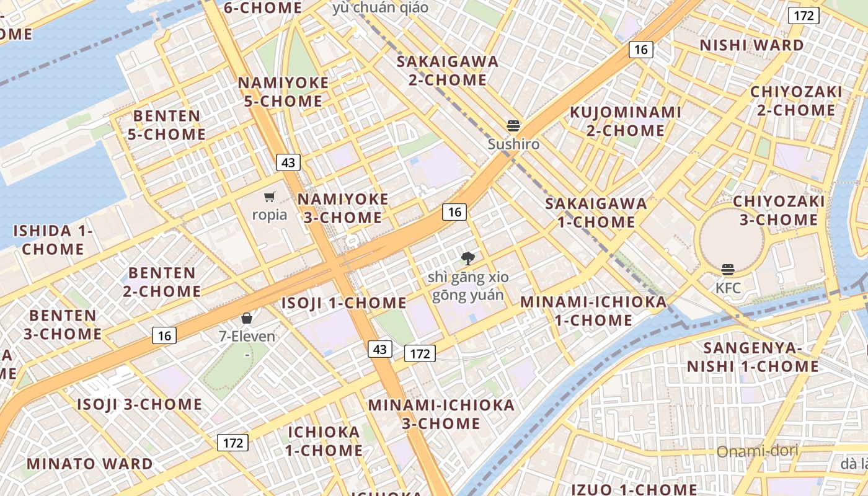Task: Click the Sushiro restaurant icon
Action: (513, 126)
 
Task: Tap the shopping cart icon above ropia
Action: (269, 197)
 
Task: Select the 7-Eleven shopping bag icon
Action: (247, 318)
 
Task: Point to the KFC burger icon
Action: (728, 270)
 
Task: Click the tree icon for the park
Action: (467, 258)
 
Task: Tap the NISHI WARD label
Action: (751, 45)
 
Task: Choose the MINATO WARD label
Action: (89, 464)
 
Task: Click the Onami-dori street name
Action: (757, 451)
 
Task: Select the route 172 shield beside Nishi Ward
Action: (804, 15)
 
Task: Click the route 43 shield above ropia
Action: (288, 162)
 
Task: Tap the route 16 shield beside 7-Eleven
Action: (164, 335)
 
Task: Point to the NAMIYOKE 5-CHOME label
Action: (283, 92)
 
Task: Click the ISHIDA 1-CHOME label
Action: (53, 240)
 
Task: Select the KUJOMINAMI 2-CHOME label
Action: (626, 122)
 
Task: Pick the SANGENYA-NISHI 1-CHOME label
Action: (753, 357)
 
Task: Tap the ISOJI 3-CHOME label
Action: (139, 405)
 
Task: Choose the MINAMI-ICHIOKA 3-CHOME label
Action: (441, 414)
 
